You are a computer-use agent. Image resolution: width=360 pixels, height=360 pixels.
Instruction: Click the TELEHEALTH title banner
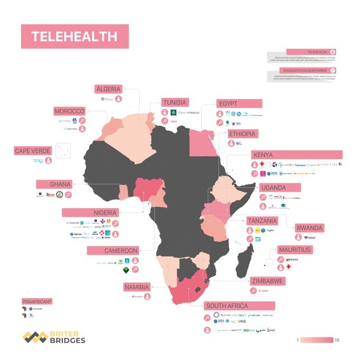point(74,37)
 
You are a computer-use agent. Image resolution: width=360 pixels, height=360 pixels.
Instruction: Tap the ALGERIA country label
point(108,89)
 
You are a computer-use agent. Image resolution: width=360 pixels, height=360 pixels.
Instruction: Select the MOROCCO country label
point(69,111)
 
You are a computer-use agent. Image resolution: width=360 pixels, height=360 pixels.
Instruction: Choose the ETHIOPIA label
point(242,134)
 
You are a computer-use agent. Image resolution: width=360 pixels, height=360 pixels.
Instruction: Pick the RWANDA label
point(309,228)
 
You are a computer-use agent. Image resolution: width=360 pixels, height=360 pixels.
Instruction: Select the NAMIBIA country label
point(137,286)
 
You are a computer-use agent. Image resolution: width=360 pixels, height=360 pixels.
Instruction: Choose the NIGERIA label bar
point(89,212)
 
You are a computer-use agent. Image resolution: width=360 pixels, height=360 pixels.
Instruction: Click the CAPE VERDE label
point(33,151)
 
